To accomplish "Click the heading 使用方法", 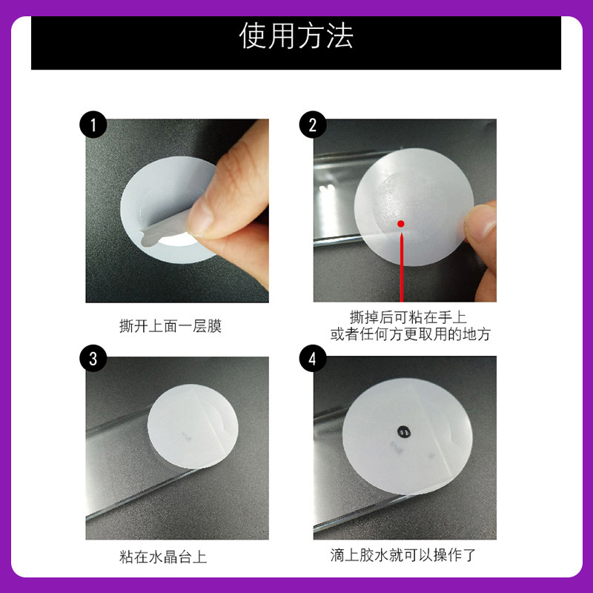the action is tap(296, 36).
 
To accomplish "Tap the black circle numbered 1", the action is tap(93, 125).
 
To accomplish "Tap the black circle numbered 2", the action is tap(312, 125).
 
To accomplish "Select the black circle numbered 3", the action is tap(93, 358).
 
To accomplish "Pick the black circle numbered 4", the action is tap(312, 358).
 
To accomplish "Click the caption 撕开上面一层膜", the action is tap(170, 326).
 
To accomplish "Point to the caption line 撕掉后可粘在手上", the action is tap(408, 317).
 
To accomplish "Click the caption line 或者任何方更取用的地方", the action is tap(411, 334).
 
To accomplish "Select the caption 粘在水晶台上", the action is tap(163, 557).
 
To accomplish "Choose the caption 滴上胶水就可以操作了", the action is tap(402, 554).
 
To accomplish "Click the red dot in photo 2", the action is tap(401, 224).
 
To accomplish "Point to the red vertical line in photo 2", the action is tap(402, 268).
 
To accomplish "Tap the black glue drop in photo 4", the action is tap(404, 431).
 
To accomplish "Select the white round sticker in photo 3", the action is tap(193, 426).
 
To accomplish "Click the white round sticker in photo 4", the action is tap(407, 436).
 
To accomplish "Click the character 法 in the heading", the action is tap(339, 36).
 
